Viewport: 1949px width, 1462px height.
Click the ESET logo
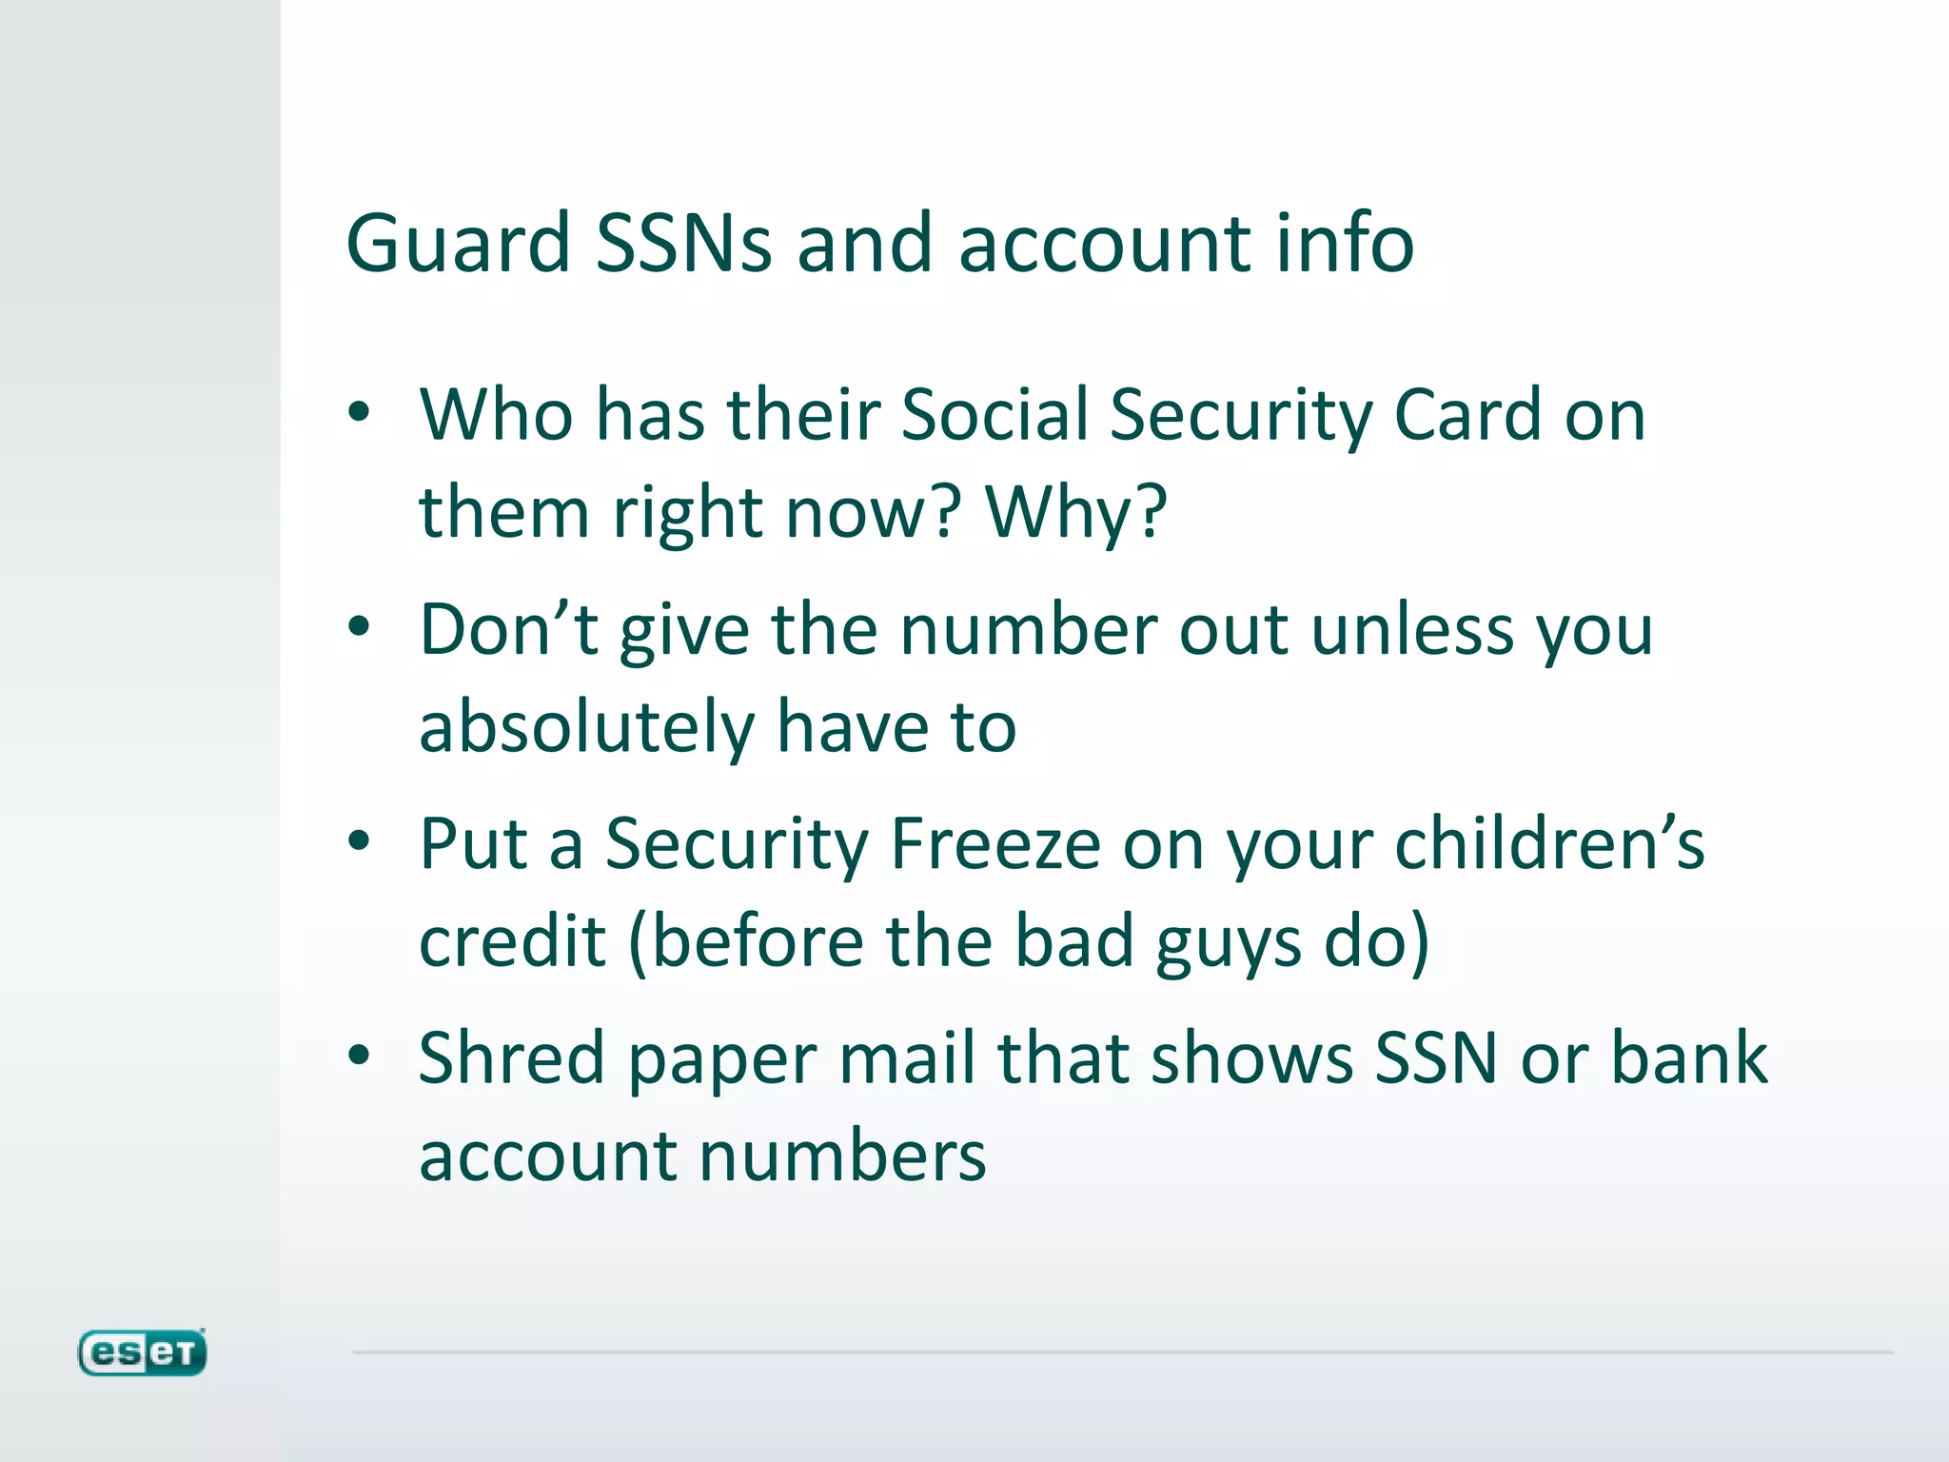[142, 1352]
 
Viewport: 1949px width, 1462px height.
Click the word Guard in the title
[458, 244]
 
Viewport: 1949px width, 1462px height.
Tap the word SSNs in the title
[683, 244]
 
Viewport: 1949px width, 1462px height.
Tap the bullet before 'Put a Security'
[359, 841]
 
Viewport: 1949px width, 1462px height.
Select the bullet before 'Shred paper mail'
[359, 1056]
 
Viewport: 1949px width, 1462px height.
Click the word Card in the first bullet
[1467, 416]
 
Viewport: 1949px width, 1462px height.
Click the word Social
[994, 416]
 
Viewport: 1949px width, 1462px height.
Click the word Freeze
[995, 844]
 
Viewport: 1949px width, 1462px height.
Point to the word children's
[1549, 844]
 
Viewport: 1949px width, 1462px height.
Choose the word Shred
[511, 1058]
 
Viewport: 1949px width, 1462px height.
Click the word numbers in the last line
[843, 1156]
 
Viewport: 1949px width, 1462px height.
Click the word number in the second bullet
[1028, 630]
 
